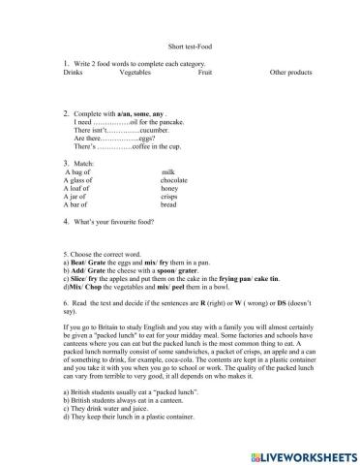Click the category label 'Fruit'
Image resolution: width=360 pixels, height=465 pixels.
pyautogui.click(x=203, y=72)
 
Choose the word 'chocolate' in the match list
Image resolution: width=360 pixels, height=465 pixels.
pyautogui.click(x=174, y=179)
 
